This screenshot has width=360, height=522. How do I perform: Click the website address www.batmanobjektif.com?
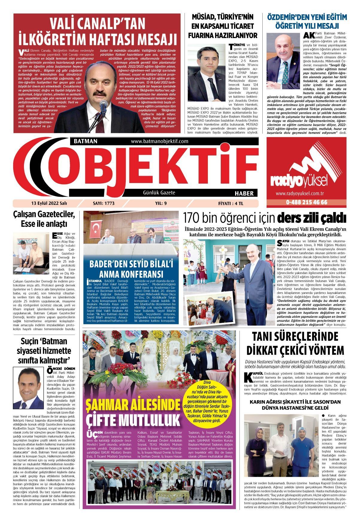pyautogui.click(x=159, y=141)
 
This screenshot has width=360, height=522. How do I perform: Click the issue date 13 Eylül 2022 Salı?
pyautogui.click(x=49, y=203)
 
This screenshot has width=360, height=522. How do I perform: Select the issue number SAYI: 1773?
pyautogui.click(x=104, y=203)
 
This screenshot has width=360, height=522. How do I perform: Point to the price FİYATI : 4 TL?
pyautogui.click(x=231, y=203)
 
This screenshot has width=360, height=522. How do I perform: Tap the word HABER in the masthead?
pyautogui.click(x=244, y=193)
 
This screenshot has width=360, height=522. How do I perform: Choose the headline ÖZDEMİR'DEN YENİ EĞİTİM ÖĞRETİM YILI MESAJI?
pyautogui.click(x=307, y=21)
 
